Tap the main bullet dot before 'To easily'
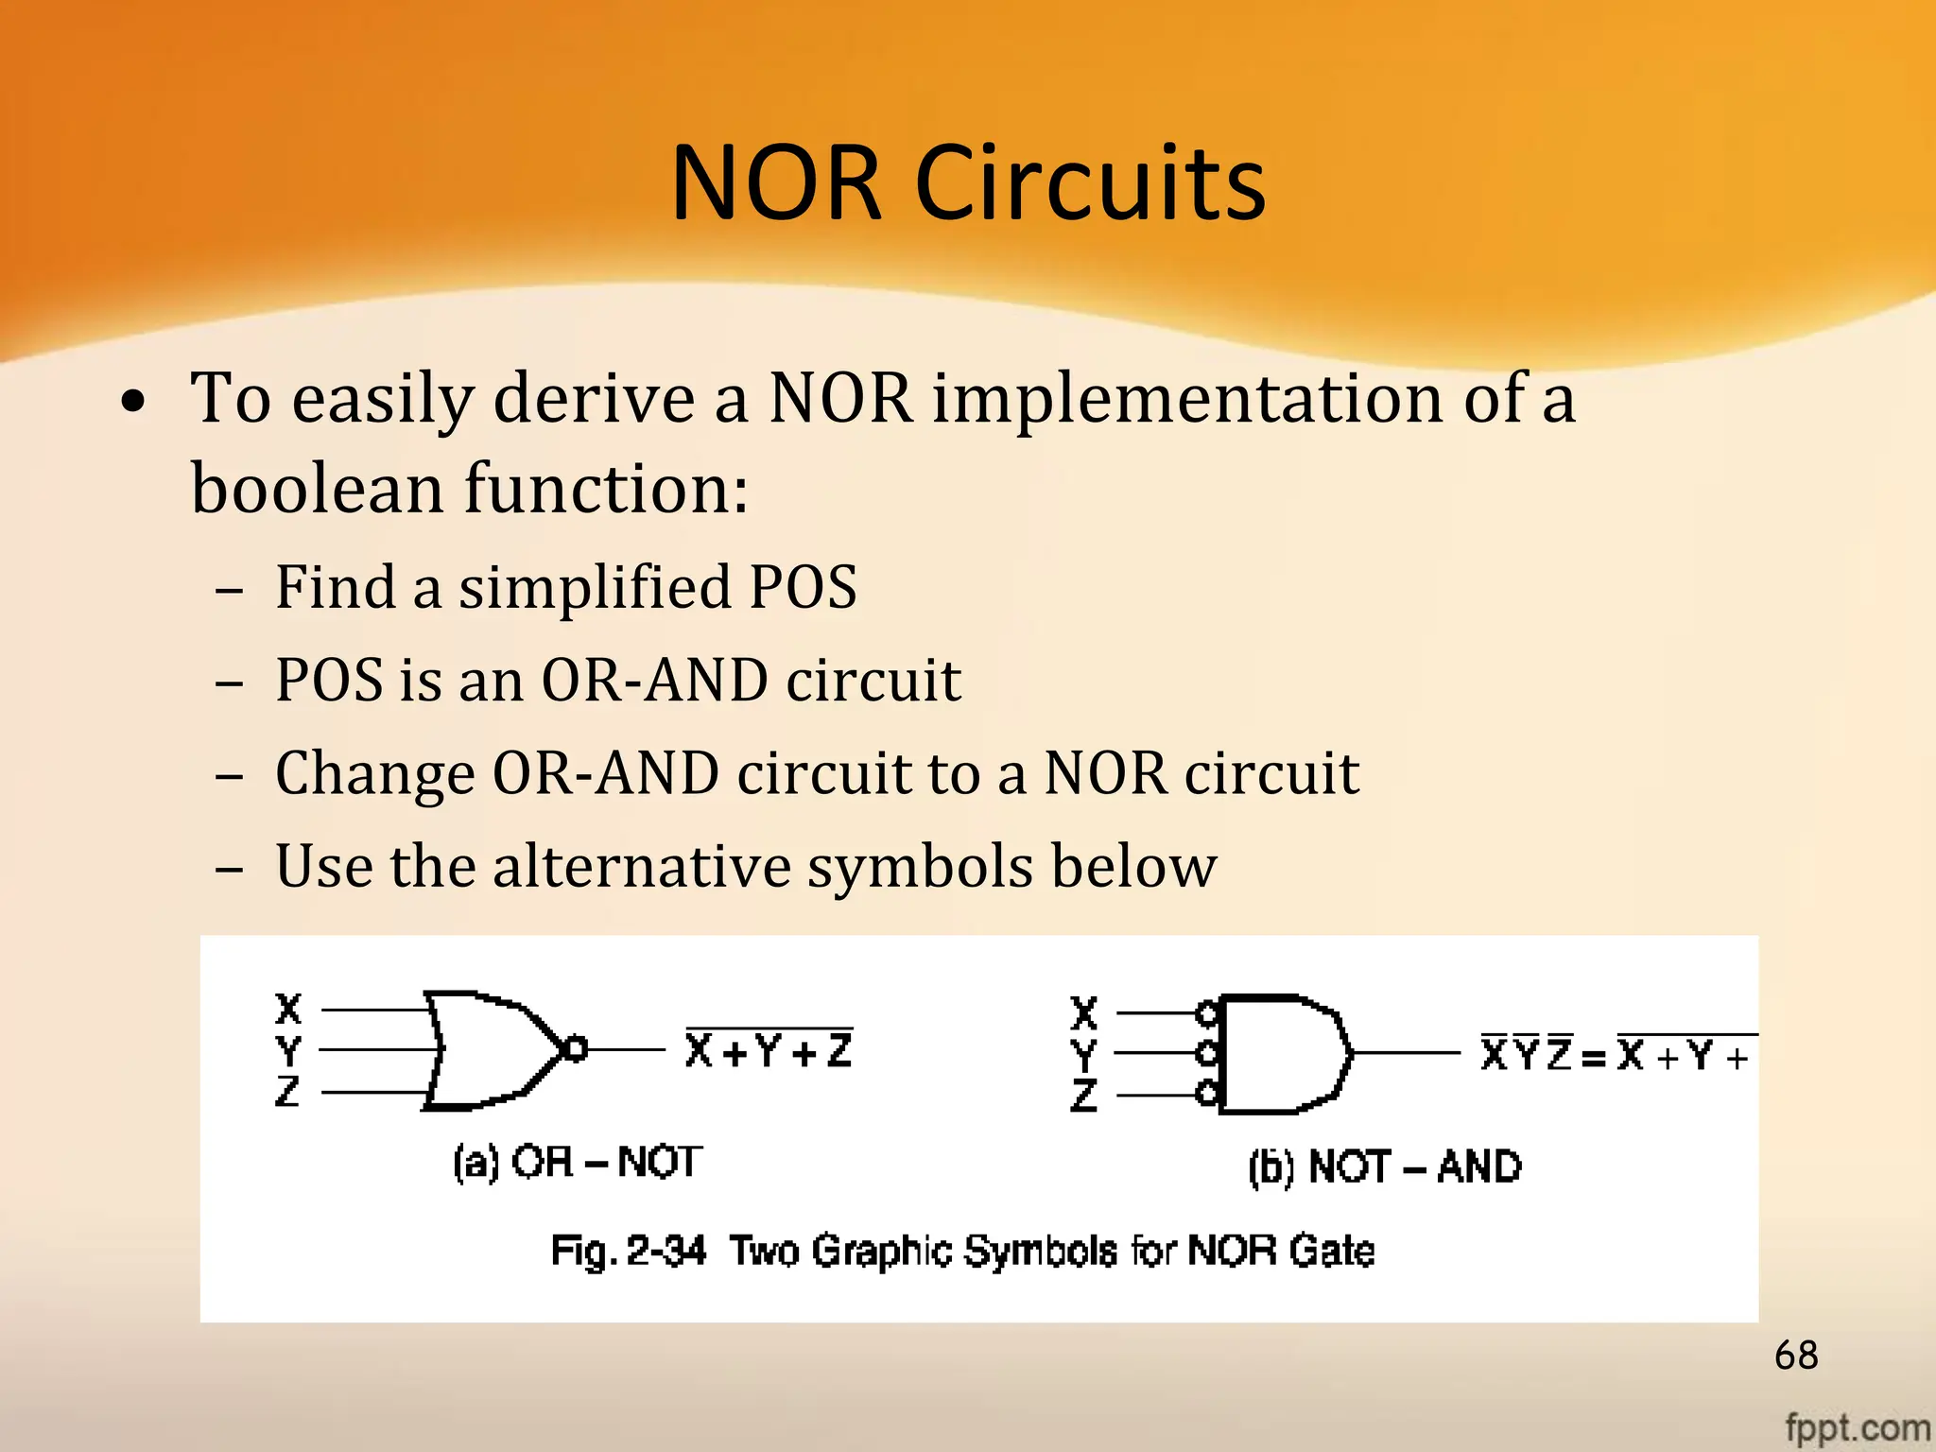pyautogui.click(x=134, y=401)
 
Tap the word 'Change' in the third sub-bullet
pyautogui.click(x=374, y=773)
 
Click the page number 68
pyautogui.click(x=1796, y=1356)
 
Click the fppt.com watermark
pyautogui.click(x=1857, y=1426)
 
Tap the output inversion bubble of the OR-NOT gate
pyautogui.click(x=574, y=1048)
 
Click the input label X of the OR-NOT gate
pyautogui.click(x=288, y=1009)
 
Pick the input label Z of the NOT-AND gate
pyautogui.click(x=1084, y=1096)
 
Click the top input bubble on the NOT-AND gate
pyautogui.click(x=1206, y=1013)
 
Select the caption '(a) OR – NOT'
pyautogui.click(x=578, y=1162)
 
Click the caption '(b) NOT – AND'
pyautogui.click(x=1384, y=1167)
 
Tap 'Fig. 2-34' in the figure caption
pyautogui.click(x=629, y=1251)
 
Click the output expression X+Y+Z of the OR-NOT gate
pyautogui.click(x=769, y=1050)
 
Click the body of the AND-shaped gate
pyautogui.click(x=1281, y=1053)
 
